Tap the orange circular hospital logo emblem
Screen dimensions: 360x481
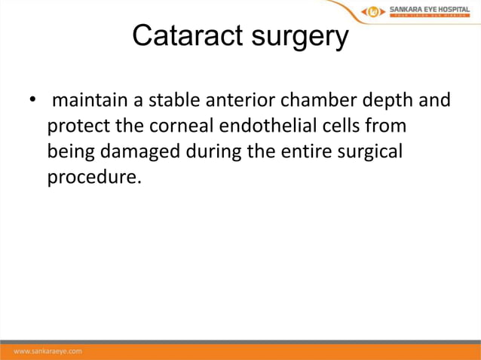[374, 11]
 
